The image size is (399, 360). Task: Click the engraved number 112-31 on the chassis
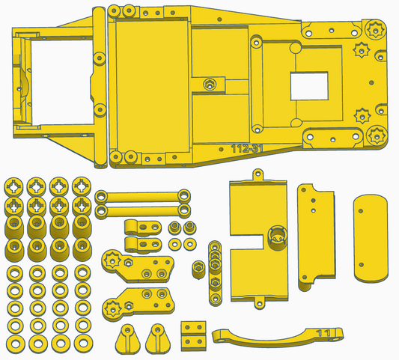[x=246, y=149]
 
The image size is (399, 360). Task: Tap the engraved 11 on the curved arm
[x=323, y=332]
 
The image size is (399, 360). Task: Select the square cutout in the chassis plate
[x=309, y=86]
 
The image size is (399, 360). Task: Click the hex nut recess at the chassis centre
[x=210, y=84]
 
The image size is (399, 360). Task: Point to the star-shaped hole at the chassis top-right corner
[x=375, y=29]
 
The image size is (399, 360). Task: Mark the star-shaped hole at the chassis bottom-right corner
[x=377, y=135]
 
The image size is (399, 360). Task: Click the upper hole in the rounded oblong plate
[x=361, y=211]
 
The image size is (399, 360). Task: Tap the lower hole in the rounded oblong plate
[x=362, y=265]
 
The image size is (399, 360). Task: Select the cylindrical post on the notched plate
[x=277, y=237]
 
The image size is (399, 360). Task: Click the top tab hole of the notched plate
[x=258, y=174]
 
